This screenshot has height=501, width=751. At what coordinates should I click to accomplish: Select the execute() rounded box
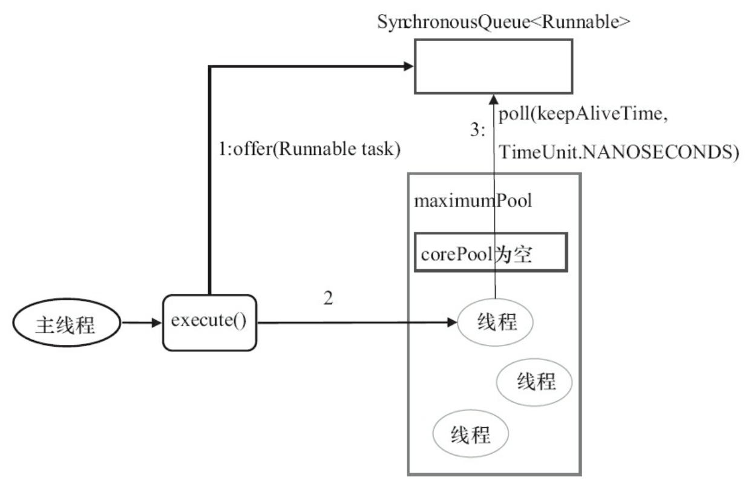pos(208,322)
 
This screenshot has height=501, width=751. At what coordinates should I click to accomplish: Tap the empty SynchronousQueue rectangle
pos(493,66)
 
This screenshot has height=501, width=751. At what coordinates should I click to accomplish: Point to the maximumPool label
pos(473,201)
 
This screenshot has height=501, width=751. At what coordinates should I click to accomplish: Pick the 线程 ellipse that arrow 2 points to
pos(495,322)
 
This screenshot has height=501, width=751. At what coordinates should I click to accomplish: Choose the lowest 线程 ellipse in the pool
pos(470,434)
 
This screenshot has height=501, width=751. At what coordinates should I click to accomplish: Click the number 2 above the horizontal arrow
pos(328,299)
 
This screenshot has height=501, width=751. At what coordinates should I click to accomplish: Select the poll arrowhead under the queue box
pos(494,98)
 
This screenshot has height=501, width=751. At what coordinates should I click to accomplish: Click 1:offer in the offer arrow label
pos(245,149)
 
